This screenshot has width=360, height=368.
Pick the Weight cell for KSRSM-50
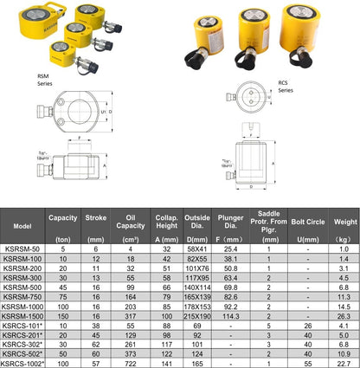344,249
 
